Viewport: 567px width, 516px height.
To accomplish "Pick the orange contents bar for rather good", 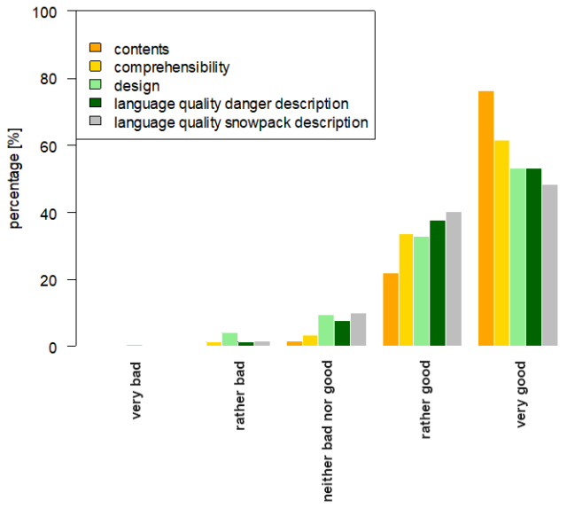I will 391,309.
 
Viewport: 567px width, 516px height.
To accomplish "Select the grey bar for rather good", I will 454,278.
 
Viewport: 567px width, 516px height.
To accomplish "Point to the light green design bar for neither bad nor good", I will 326,330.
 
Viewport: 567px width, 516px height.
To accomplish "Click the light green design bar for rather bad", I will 229,339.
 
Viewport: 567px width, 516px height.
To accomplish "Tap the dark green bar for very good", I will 533,257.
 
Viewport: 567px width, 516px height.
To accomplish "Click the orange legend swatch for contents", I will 97,49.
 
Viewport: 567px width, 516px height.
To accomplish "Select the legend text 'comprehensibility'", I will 172,67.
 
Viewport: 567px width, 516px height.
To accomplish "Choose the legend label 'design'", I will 136,86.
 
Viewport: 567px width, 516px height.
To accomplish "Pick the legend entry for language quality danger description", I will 230,105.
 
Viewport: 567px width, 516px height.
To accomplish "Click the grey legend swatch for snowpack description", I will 97,122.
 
